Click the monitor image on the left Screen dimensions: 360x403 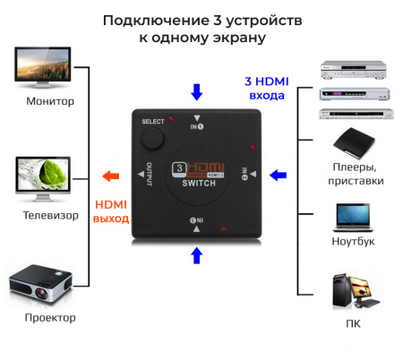point(42,67)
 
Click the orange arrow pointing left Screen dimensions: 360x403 point(109,176)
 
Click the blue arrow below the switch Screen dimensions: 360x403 point(197,257)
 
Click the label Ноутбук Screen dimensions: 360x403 point(353,242)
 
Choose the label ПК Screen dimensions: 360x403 point(352,321)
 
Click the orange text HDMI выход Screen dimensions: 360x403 point(112,211)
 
